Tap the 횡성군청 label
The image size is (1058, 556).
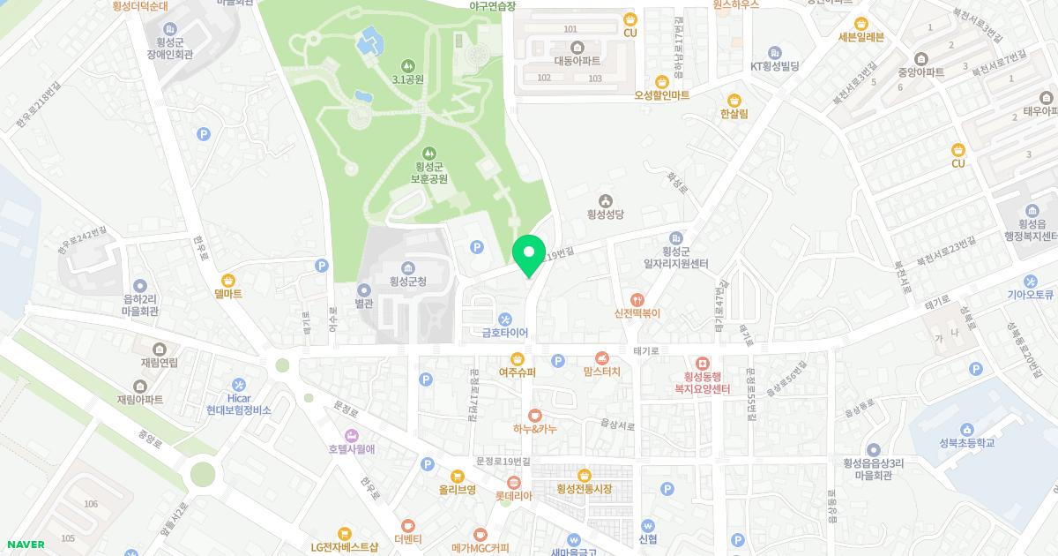pos(408,282)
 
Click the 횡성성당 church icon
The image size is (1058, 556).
pos(606,199)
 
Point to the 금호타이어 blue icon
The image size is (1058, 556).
pos(504,319)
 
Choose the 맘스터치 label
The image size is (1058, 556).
pos(601,372)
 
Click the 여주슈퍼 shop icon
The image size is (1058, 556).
pos(518,358)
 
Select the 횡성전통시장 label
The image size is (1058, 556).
pos(584,489)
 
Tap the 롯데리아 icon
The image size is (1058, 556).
pos(514,482)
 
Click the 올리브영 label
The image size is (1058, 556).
pos(458,489)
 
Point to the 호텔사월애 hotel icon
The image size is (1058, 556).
pos(352,435)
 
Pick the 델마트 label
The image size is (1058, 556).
pos(227,294)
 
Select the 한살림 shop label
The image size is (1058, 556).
pos(734,114)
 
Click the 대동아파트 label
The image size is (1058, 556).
pos(577,61)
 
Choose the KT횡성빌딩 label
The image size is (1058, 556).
pos(774,66)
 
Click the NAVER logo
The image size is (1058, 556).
pos(26,545)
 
